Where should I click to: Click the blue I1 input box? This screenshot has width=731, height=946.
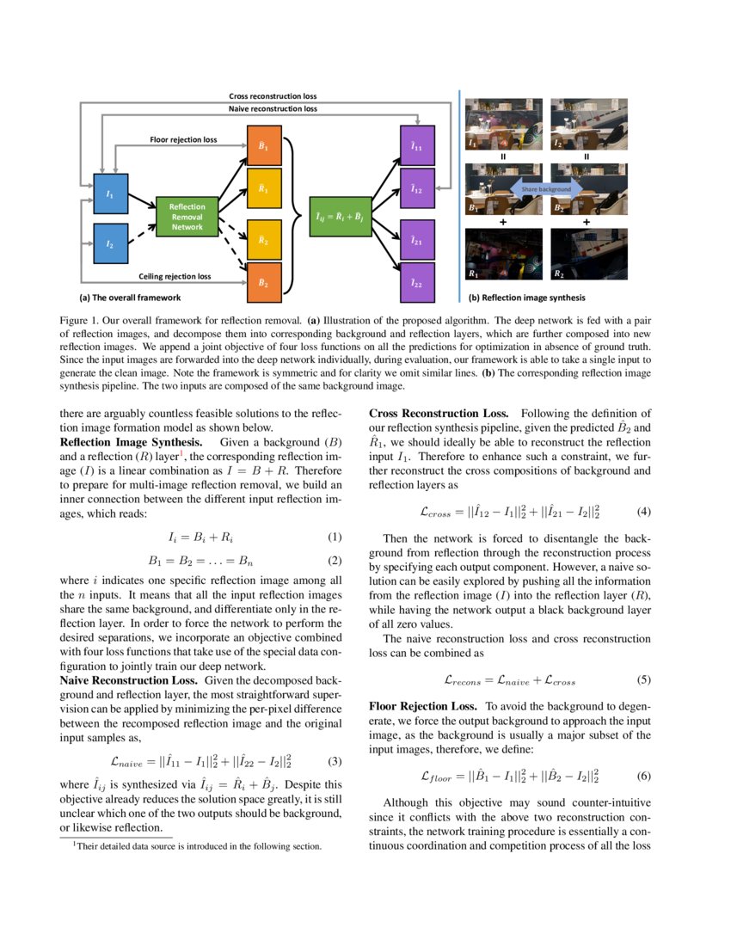click(x=109, y=195)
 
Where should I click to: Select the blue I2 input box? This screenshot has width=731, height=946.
click(x=109, y=244)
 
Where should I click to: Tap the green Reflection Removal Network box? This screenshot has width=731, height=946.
click(x=187, y=217)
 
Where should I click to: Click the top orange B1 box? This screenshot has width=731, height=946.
click(x=264, y=148)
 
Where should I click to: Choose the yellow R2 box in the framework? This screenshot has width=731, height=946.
click(x=264, y=241)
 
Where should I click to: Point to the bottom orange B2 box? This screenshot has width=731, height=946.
click(x=264, y=282)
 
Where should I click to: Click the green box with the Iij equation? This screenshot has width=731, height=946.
click(x=340, y=217)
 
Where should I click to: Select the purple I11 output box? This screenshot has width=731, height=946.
click(x=417, y=148)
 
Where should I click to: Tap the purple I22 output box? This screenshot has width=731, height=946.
click(x=417, y=282)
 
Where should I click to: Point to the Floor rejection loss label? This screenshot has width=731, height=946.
click(x=183, y=138)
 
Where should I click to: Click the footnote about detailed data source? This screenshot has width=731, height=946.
click(x=197, y=846)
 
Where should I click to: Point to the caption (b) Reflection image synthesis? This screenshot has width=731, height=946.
click(x=526, y=298)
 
